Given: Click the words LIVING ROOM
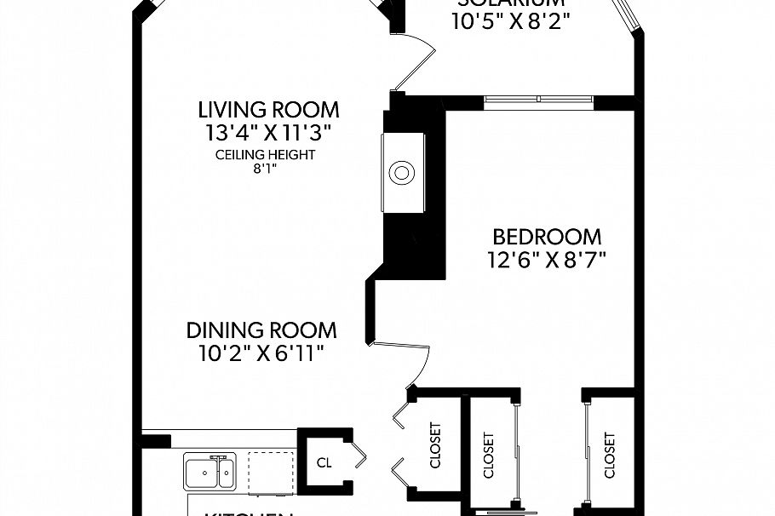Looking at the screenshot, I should (x=268, y=110).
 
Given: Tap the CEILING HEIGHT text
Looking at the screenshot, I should (x=265, y=155).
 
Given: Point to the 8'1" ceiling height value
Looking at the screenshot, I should (x=265, y=169).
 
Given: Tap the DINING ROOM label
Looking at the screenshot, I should (x=261, y=330).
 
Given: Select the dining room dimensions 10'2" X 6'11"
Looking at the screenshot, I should (x=261, y=352).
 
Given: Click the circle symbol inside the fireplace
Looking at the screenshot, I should (x=401, y=174).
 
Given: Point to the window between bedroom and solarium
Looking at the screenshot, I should (x=539, y=100).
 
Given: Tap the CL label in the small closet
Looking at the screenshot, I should (x=324, y=463).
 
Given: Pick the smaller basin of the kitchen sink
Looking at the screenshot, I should (x=225, y=471).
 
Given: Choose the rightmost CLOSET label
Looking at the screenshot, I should (x=610, y=456).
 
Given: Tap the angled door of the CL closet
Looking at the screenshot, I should (x=359, y=457).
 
